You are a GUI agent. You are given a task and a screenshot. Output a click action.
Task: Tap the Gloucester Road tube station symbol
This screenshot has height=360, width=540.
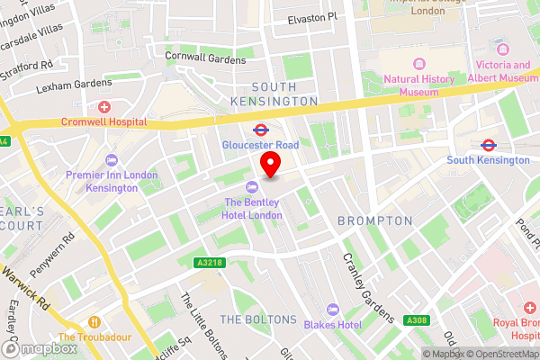[260, 129]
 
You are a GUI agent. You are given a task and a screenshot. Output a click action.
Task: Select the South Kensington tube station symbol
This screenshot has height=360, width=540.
[489, 144]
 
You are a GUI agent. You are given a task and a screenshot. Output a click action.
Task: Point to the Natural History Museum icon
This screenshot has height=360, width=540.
[418, 64]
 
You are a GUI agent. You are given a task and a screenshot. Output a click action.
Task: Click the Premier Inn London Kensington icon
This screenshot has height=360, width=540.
[112, 159]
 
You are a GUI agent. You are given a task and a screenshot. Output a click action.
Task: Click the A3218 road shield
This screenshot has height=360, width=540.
[209, 263]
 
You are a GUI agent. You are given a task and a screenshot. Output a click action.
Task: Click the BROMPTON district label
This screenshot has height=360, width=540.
[375, 220]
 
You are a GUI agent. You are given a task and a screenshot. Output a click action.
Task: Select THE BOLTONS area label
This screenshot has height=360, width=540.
[258, 319]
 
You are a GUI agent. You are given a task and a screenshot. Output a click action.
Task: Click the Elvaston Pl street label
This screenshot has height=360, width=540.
[311, 17]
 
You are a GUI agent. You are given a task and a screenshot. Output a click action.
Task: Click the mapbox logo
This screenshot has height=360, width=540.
[37, 348]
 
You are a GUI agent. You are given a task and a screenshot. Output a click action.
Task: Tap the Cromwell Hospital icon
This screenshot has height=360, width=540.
[103, 106]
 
